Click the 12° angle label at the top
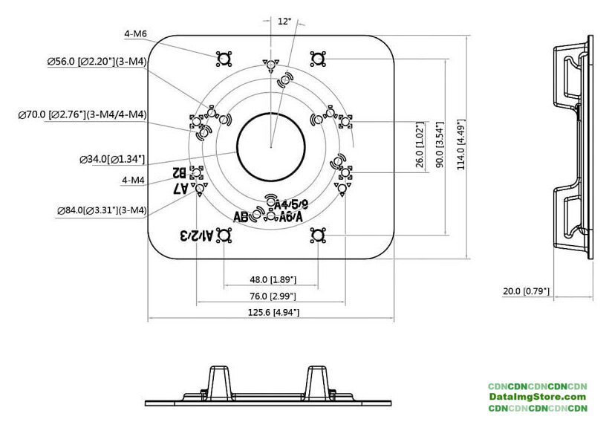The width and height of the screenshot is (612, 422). click(284, 22)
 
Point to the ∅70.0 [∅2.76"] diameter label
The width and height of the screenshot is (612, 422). click(82, 114)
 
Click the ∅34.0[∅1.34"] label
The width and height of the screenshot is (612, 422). click(111, 159)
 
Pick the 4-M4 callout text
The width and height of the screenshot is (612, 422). click(133, 180)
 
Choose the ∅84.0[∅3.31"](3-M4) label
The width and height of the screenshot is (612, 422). click(102, 211)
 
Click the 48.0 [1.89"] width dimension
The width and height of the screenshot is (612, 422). click(273, 280)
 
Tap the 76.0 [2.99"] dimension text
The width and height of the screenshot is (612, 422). click(273, 296)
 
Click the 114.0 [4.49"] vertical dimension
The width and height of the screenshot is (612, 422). click(460, 146)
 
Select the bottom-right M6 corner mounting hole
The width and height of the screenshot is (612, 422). click(317, 236)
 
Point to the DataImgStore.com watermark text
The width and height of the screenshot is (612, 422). click(538, 397)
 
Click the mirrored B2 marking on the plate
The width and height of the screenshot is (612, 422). click(180, 172)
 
